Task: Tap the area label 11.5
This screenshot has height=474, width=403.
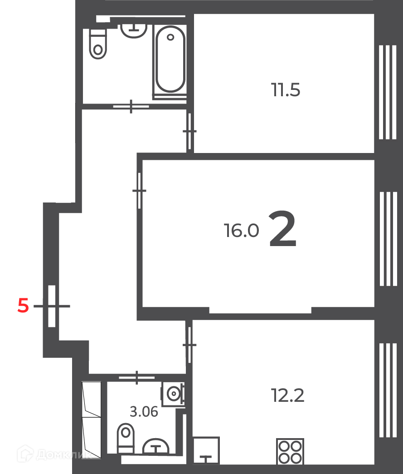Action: coord(285,90)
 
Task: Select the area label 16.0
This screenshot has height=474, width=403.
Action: coord(241,230)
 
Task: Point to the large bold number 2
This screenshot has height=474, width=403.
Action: coord(282,229)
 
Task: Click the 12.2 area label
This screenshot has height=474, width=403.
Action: coord(288,395)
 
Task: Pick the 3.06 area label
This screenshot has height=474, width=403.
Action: coord(144,412)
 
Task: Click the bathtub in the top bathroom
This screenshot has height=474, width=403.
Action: coord(170,60)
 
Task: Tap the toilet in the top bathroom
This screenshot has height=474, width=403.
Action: coord(98,44)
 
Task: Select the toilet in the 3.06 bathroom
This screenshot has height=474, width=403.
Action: coord(126,438)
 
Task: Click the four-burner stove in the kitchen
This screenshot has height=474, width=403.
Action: coord(290,451)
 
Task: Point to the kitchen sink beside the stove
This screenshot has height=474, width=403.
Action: coord(206,450)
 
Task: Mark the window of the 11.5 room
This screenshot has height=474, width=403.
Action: coord(388,92)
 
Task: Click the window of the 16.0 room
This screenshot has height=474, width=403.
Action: coord(388,239)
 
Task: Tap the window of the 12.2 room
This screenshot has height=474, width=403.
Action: coord(388,390)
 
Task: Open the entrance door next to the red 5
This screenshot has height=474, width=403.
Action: coord(52,306)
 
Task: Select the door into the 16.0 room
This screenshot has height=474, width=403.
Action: coord(139,190)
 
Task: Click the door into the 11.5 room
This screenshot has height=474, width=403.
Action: coord(189,131)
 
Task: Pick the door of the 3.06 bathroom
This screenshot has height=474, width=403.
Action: coord(137,377)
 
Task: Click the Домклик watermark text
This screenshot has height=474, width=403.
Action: coord(63,454)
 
